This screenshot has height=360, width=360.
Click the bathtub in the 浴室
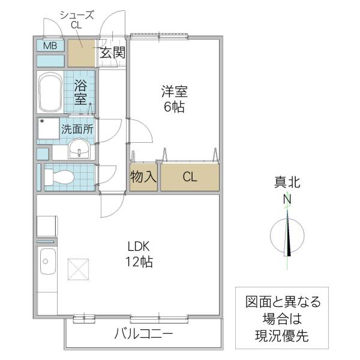click(50, 92)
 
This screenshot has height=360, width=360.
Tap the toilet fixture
click(59, 177)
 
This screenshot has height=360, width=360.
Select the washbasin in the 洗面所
click(79, 149)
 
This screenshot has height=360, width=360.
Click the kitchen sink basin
click(48, 262)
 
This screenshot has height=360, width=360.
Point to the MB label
click(50, 46)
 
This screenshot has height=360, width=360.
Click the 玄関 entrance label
click(112, 53)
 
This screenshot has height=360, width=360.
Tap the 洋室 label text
click(174, 92)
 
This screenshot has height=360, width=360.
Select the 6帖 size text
click(174, 107)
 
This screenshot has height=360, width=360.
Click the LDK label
click(139, 247)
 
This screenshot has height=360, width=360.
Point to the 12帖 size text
click(139, 262)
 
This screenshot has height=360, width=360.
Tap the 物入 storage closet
click(143, 177)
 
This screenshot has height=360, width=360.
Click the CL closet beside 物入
click(190, 177)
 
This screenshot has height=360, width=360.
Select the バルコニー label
click(143, 334)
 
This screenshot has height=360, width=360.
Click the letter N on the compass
click(287, 199)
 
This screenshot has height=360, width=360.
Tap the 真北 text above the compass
click(287, 183)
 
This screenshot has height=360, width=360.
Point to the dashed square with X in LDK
click(78, 269)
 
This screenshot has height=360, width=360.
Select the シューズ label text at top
click(77, 15)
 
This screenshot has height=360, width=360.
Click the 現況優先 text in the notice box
click(282, 336)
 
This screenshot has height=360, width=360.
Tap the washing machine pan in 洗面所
click(49, 128)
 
